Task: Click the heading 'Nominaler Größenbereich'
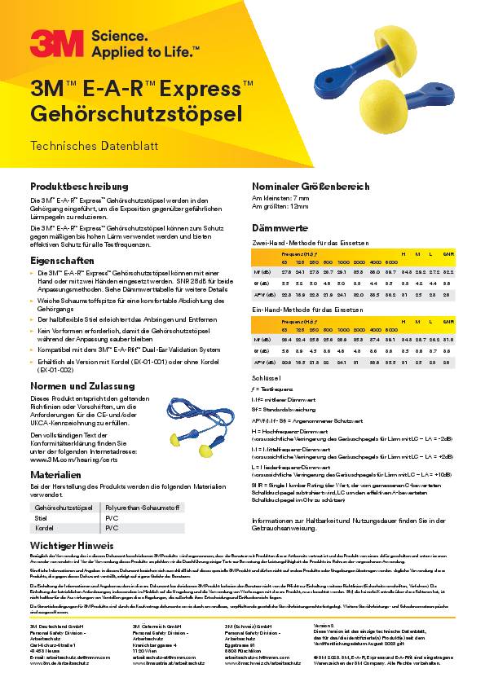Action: pyautogui.click(x=311, y=186)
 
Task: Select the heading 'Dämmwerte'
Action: pyautogui.click(x=280, y=229)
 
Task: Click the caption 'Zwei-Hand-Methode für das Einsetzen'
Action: pyautogui.click(x=310, y=242)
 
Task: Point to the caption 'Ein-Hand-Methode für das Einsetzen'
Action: pyautogui.click(x=308, y=310)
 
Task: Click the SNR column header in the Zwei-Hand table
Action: pyautogui.click(x=448, y=253)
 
